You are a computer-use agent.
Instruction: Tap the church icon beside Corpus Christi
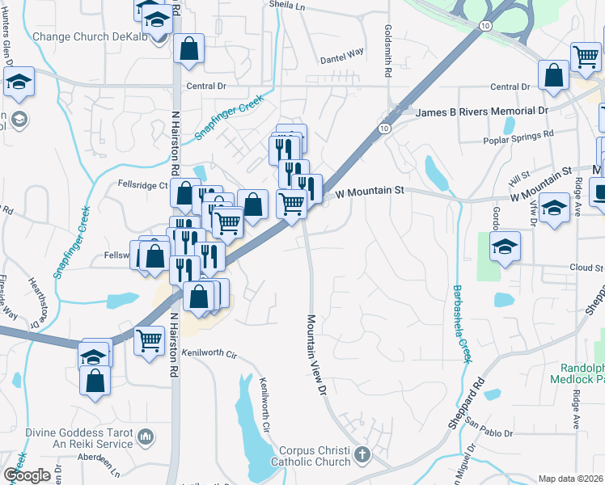point(362,455)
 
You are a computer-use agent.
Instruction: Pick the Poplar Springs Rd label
point(518,137)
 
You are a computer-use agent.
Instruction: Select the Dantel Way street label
point(342,56)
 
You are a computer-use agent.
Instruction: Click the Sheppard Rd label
point(474,399)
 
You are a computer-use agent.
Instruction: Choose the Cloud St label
point(586,268)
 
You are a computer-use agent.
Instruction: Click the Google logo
point(26,474)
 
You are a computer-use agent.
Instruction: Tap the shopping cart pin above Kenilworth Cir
point(150,341)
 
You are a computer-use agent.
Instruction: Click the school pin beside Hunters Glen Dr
point(18,81)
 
